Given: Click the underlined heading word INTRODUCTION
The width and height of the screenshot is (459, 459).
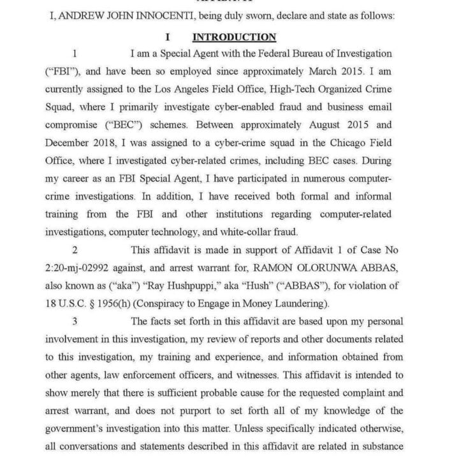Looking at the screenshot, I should [235, 37].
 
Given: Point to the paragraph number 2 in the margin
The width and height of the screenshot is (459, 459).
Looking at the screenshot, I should [75, 250].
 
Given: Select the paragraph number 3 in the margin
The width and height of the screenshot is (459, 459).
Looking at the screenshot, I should [75, 321].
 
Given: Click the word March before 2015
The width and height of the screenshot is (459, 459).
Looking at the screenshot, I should [332, 71].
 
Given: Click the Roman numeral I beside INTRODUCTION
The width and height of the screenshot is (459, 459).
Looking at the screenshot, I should [168, 37].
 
